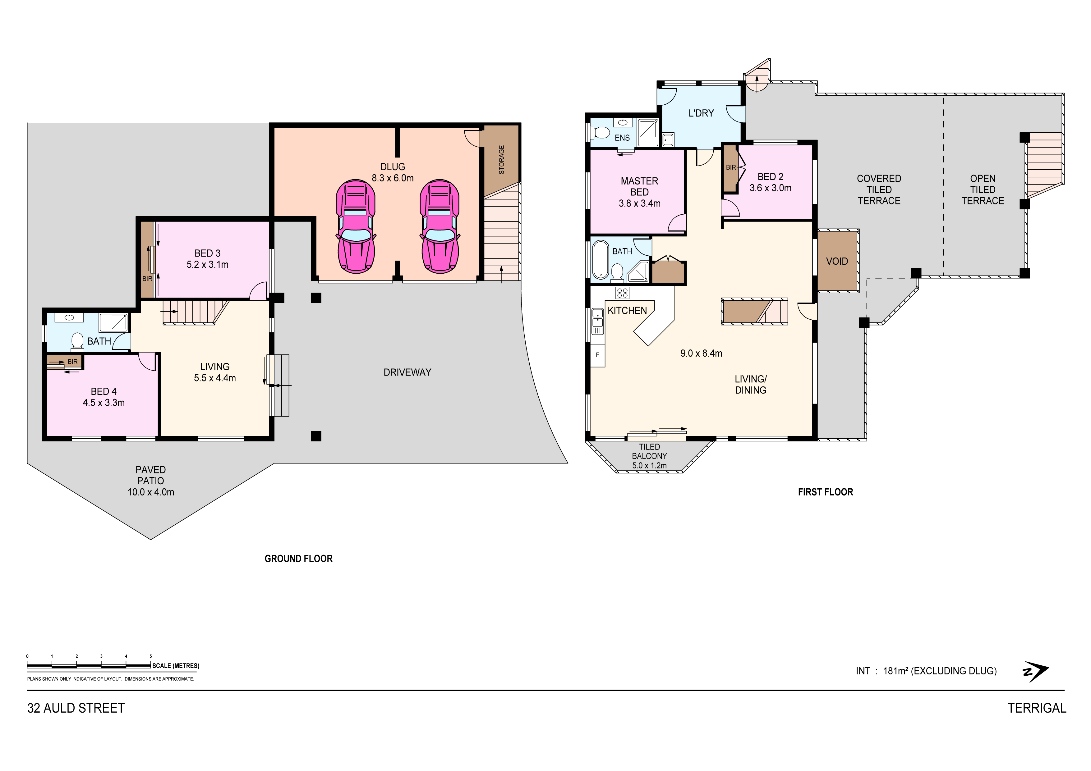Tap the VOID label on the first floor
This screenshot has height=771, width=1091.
pos(837,262)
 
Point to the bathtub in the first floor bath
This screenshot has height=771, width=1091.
pos(601,259)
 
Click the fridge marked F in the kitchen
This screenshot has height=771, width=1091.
pos(598,355)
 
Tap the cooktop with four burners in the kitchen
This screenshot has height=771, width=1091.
pos(622,293)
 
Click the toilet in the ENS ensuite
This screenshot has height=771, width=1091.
pos(600,132)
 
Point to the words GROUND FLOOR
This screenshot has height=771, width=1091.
pos(298,559)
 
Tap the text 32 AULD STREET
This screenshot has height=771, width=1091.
pos(76,708)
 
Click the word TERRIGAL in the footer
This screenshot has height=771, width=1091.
pos(1037,708)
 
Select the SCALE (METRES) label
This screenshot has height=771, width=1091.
pos(176,666)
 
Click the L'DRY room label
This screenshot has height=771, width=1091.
pos(701,113)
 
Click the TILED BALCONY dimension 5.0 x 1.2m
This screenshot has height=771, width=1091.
pos(649,466)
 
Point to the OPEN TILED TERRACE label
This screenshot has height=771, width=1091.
pos(983,190)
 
